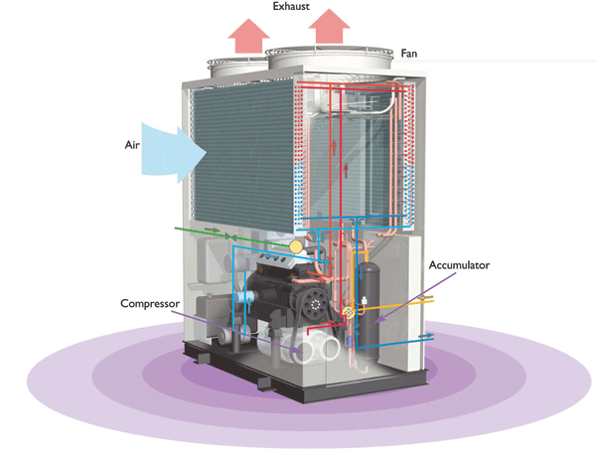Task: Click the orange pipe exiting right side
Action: pyautogui.click(x=422, y=297)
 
